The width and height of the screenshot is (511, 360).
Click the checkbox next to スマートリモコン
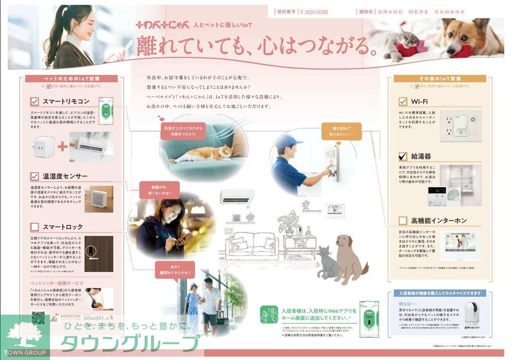click(x=34, y=102)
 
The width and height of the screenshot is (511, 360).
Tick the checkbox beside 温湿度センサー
click(x=34, y=176)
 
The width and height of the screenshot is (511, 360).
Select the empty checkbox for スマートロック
click(x=34, y=227)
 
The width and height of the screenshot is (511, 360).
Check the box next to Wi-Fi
click(x=403, y=102)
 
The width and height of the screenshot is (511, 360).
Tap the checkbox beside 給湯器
click(x=403, y=156)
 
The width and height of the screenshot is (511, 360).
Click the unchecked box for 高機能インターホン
click(x=403, y=220)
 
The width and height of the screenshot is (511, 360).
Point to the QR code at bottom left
click(x=38, y=318)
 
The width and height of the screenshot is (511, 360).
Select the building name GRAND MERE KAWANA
click(x=421, y=11)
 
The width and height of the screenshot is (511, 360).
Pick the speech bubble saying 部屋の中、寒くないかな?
click(x=159, y=190)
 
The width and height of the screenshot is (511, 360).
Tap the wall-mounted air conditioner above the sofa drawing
click(x=237, y=196)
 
